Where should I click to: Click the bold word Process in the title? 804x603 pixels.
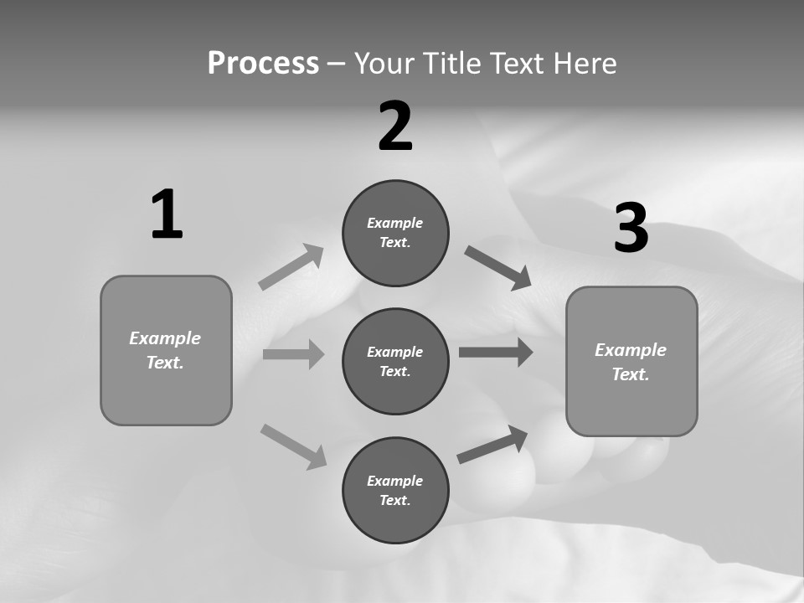coord(263,63)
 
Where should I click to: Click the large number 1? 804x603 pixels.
coord(167,215)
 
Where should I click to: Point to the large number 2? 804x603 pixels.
coord(395,126)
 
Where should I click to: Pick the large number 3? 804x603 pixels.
coord(631,229)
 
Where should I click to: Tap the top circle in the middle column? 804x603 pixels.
coord(395,233)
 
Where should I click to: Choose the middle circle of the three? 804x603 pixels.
coord(395,361)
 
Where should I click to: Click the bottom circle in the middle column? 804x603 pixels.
coord(395,490)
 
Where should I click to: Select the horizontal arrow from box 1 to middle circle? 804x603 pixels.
coord(293,354)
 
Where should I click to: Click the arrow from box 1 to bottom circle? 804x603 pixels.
coord(293,446)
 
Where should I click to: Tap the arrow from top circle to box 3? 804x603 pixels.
coord(498,268)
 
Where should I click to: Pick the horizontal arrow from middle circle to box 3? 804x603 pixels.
coord(496,353)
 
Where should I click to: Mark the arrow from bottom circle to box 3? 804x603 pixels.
coord(492,445)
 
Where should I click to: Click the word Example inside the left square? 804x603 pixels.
coord(165,338)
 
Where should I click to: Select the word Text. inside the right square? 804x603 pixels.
coord(631,374)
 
